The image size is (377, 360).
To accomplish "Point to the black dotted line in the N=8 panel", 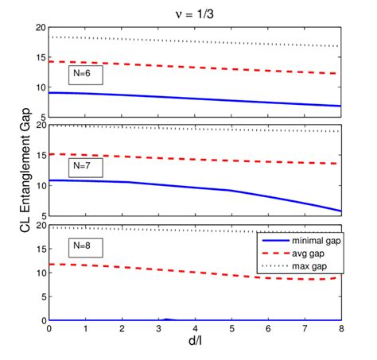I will point(159,229).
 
